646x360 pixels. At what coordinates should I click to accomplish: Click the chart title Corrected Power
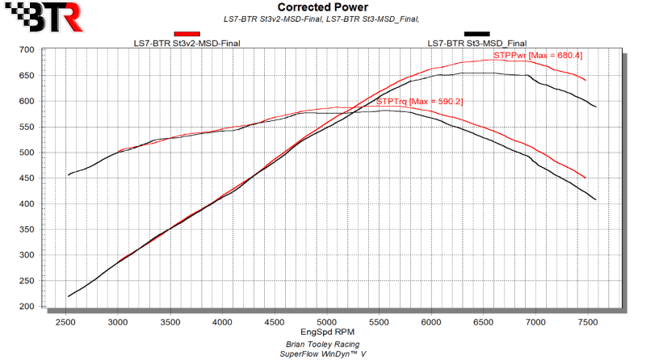(322, 7)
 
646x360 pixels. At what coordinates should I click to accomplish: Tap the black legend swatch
(476, 34)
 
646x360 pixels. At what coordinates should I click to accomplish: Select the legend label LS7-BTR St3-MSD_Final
(476, 44)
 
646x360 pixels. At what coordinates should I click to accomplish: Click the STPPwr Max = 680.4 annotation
(537, 56)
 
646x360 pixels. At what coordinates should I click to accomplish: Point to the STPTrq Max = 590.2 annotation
(419, 102)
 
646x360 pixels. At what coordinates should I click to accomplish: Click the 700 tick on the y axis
(48, 50)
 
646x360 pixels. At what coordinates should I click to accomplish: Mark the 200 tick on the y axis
(48, 307)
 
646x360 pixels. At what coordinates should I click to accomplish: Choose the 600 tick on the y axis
(48, 102)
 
